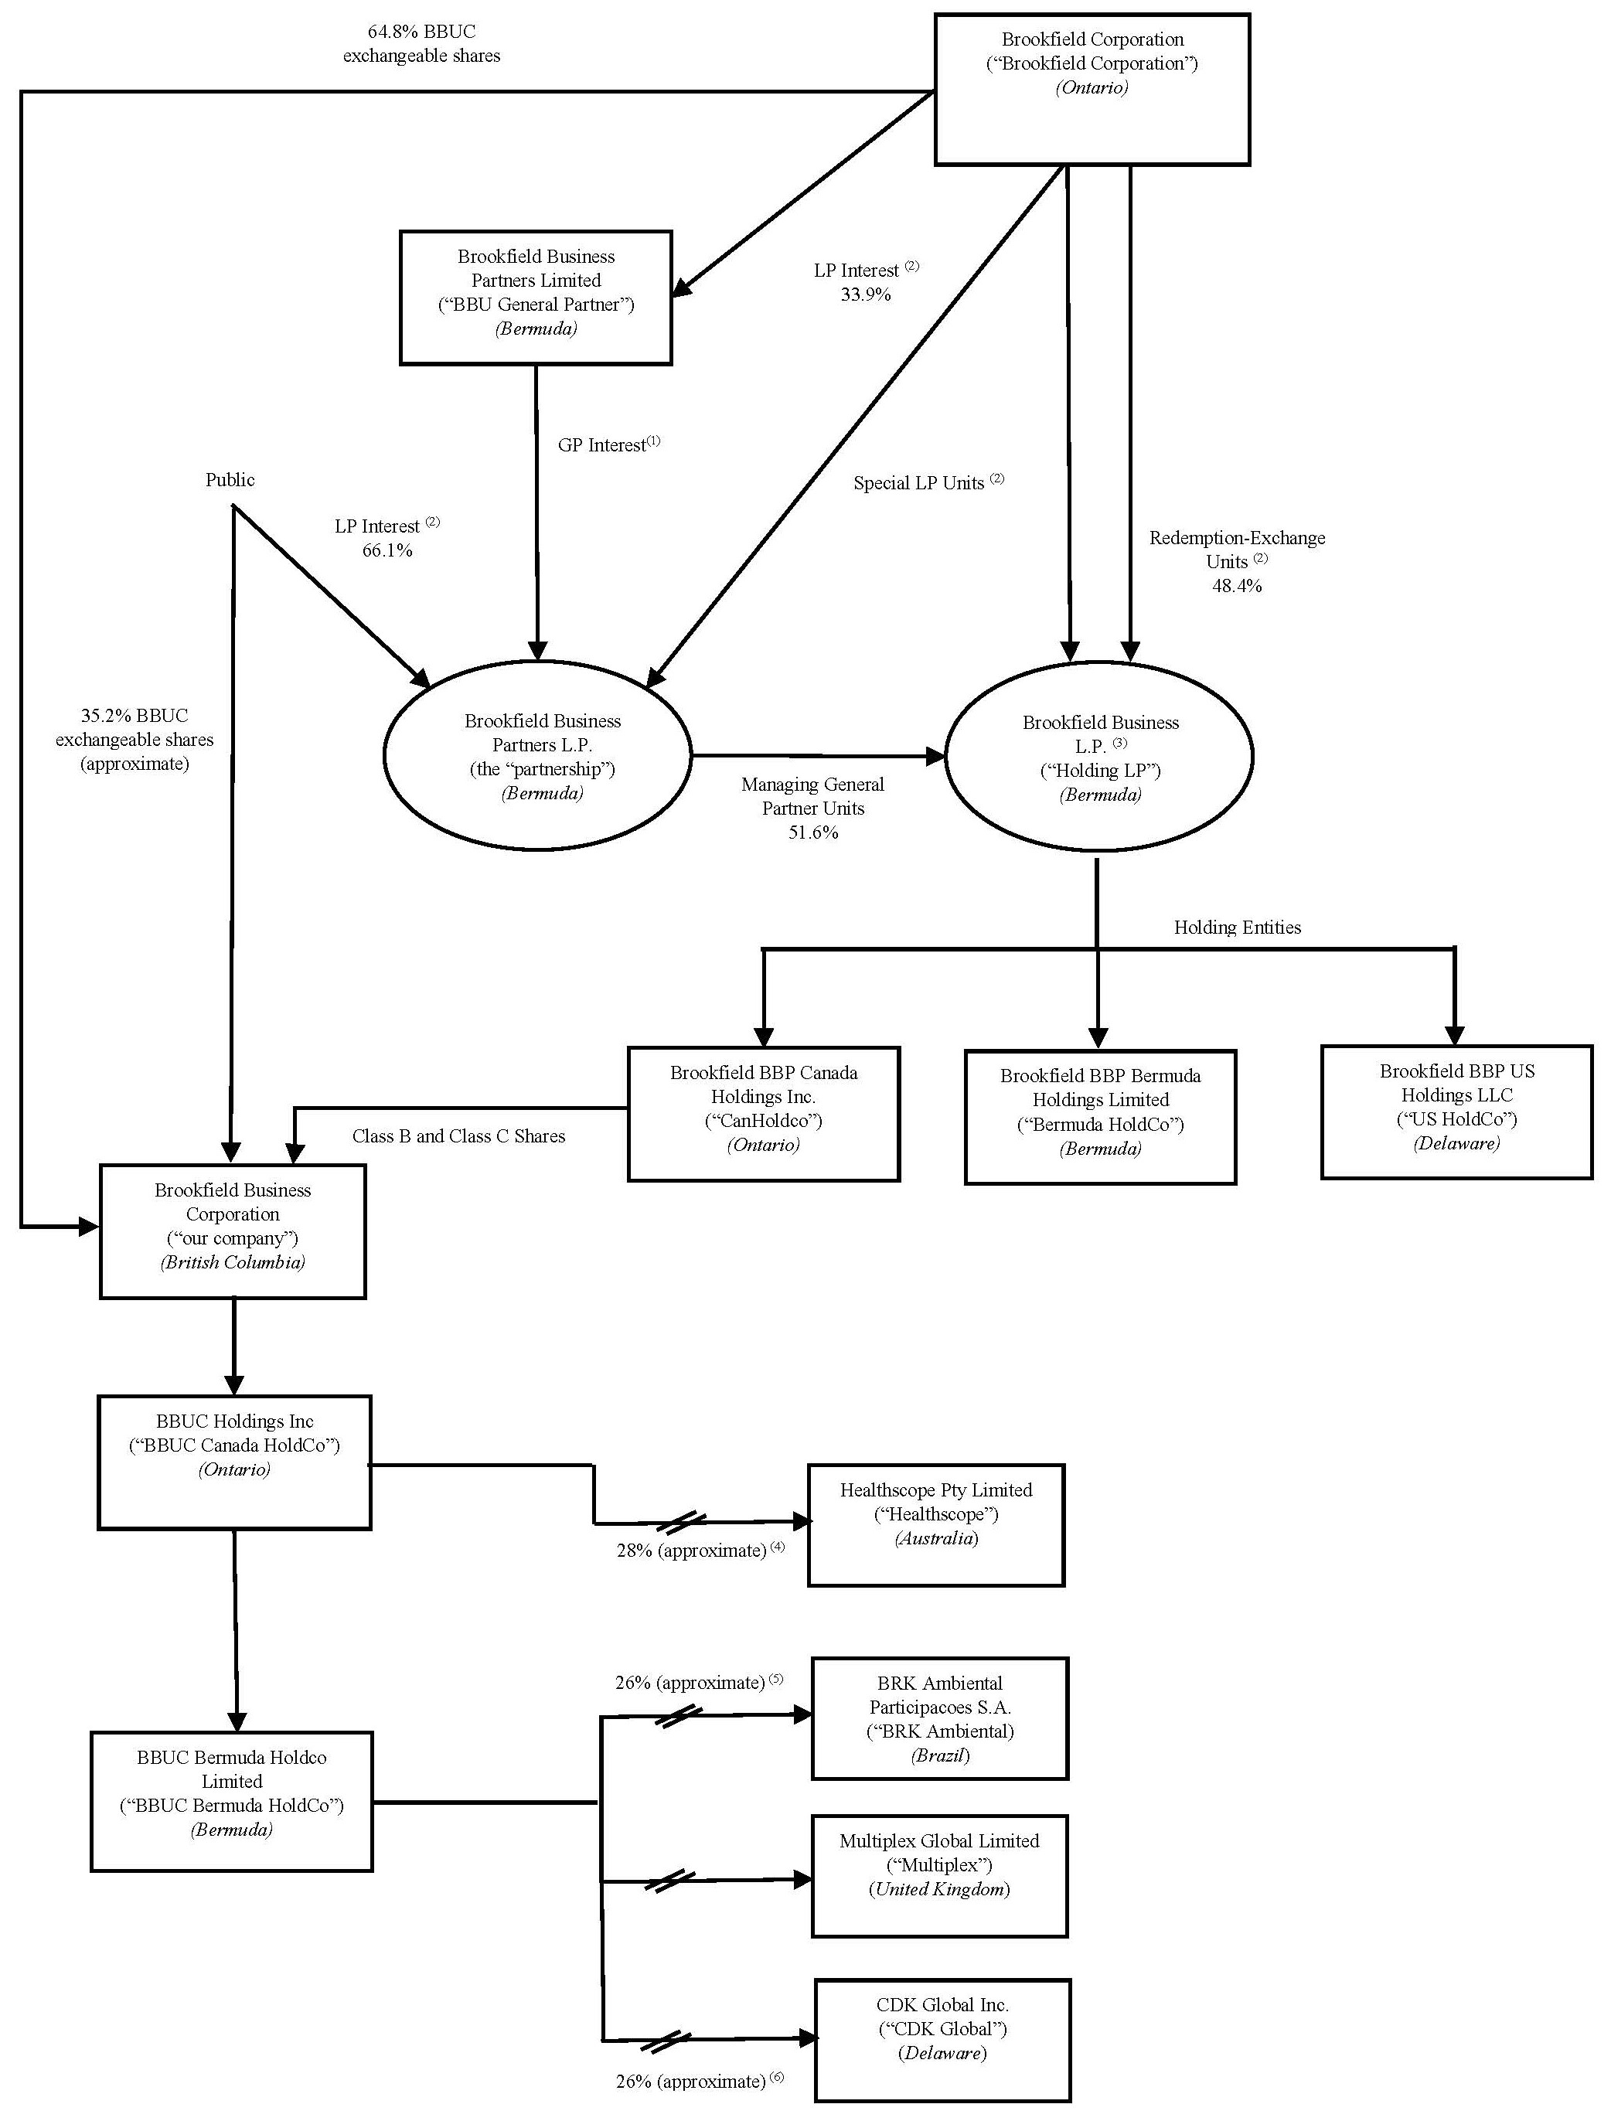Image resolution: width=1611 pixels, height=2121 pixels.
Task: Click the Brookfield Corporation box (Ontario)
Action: [1092, 89]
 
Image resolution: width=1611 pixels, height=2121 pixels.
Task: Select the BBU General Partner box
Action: [535, 298]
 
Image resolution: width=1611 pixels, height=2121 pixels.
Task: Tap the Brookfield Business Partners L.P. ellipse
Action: [537, 757]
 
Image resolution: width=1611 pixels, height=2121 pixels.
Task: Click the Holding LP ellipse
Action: [1099, 757]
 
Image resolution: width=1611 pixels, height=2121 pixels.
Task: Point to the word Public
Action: [230, 480]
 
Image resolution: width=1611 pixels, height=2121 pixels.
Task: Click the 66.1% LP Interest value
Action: [387, 550]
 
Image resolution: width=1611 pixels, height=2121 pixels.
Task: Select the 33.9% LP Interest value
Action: [865, 295]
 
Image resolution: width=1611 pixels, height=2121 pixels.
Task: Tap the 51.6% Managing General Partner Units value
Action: [813, 832]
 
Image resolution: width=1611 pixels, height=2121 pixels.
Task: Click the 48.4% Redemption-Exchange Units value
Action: [1236, 586]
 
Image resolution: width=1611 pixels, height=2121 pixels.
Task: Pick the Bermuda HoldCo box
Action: [1100, 1116]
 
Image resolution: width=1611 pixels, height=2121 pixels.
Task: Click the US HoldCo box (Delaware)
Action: [1456, 1112]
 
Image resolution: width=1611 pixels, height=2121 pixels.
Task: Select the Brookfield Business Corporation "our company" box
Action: [233, 1231]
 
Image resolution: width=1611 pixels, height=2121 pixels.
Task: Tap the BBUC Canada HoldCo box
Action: [234, 1462]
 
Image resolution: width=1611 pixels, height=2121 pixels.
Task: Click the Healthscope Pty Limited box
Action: [936, 1524]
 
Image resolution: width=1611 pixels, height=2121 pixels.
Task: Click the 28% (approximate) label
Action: [691, 1551]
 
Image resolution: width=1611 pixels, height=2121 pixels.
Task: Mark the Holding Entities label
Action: [1237, 928]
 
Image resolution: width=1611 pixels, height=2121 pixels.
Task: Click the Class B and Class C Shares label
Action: [458, 1136]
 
